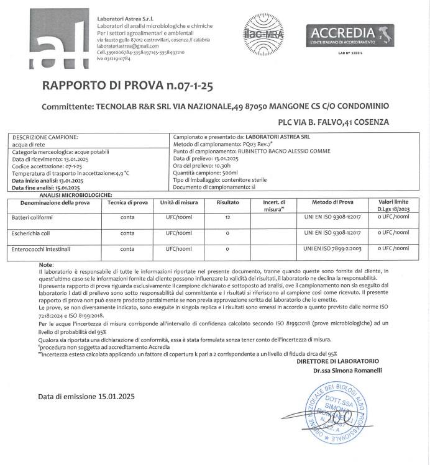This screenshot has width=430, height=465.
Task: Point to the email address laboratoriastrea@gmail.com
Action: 123,46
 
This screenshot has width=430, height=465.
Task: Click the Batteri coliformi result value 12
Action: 228,218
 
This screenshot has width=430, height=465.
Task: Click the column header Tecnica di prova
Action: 127,202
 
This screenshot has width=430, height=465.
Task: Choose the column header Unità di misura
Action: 179,202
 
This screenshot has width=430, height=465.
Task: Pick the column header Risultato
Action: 228,202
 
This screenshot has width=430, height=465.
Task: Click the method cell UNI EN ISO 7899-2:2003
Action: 329,249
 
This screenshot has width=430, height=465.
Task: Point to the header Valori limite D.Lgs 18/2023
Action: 393,205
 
